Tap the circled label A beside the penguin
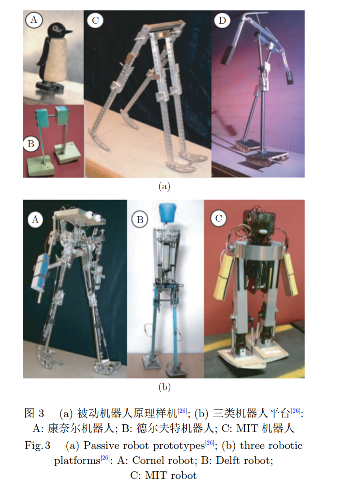(x=33, y=20)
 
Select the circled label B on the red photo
(x=31, y=144)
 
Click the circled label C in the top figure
(x=95, y=20)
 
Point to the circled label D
(x=222, y=20)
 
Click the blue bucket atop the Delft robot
(x=167, y=213)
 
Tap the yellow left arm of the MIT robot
(x=224, y=277)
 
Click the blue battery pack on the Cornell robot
(x=41, y=272)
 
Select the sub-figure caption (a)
(x=164, y=186)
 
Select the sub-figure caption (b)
(x=164, y=387)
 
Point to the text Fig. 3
(x=37, y=446)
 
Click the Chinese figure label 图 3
(x=34, y=413)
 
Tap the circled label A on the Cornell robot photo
(x=35, y=219)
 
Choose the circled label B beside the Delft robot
(x=140, y=220)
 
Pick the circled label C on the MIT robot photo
(x=219, y=218)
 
